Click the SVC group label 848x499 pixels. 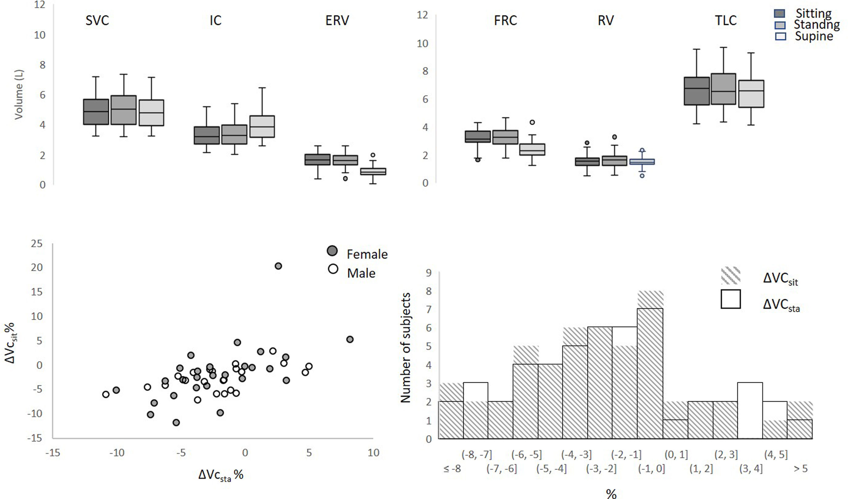click(x=97, y=21)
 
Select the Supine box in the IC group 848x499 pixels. click(x=262, y=126)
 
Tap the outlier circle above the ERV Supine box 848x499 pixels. click(x=373, y=155)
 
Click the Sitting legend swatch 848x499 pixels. click(x=780, y=14)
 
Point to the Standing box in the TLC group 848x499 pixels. click(x=723, y=89)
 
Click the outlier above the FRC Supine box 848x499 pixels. click(x=532, y=123)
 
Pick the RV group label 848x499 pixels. click(x=606, y=21)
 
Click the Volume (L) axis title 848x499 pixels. click(x=19, y=95)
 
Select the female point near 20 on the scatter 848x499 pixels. click(x=278, y=266)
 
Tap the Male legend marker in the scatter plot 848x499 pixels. click(x=333, y=269)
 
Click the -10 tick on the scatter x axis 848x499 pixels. click(x=117, y=453)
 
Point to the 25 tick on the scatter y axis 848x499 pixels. click(x=37, y=243)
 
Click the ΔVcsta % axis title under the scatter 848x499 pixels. click(x=220, y=475)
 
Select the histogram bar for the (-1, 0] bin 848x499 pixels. click(x=650, y=373)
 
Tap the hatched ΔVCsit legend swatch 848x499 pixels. click(x=731, y=275)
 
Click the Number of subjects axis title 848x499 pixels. click(x=405, y=348)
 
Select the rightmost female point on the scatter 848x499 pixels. click(x=350, y=339)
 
